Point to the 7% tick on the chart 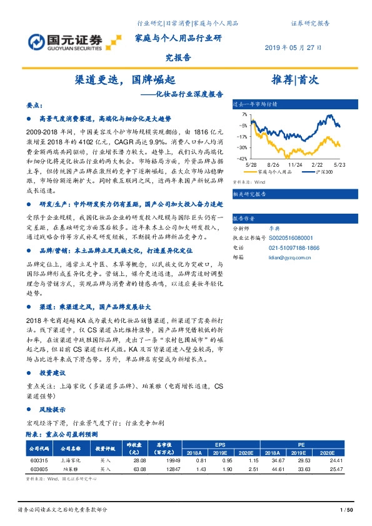[243, 115]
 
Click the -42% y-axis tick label [241, 159]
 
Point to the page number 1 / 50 [345, 510]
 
